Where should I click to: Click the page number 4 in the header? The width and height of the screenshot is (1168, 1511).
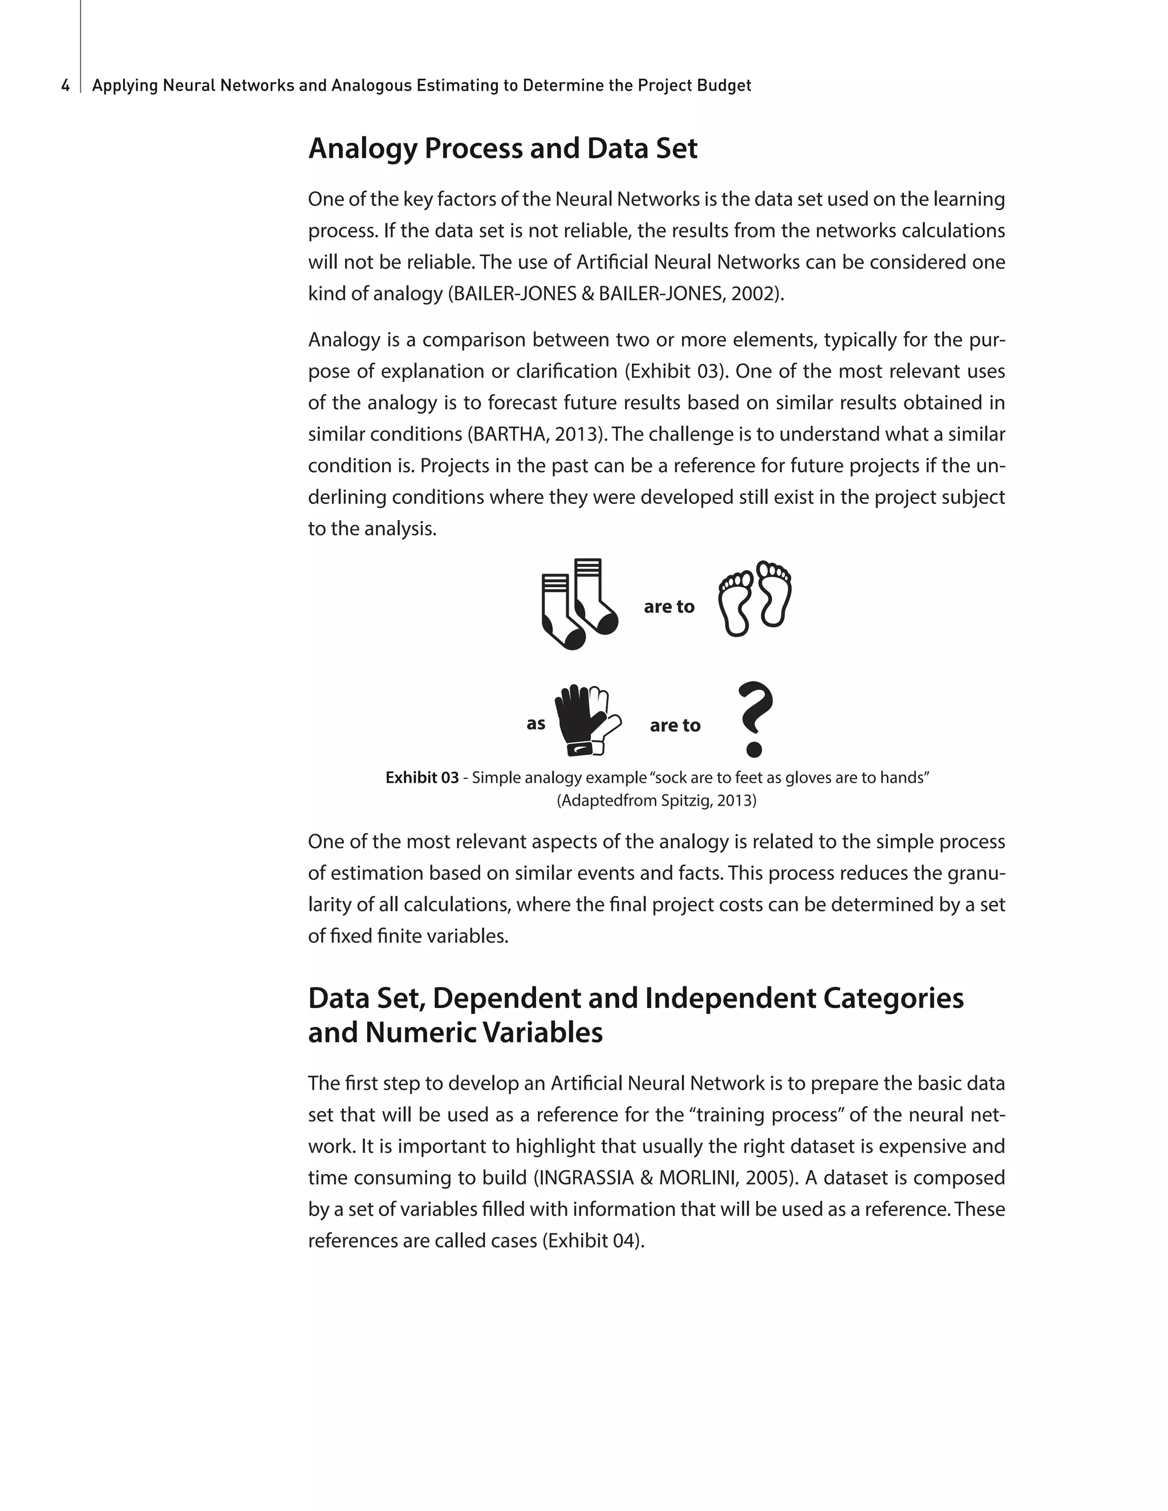pos(65,86)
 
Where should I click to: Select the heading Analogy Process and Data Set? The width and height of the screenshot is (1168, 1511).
pos(502,149)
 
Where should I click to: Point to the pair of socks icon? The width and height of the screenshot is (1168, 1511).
pos(578,603)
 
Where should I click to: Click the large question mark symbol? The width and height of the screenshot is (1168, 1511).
pos(753,719)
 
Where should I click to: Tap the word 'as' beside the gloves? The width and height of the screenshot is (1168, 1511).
pos(536,724)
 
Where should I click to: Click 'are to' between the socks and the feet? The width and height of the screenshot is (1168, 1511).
pos(668,607)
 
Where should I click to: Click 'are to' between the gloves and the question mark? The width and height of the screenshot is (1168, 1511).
pos(675,726)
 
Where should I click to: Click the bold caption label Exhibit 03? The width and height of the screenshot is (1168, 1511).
pos(421,778)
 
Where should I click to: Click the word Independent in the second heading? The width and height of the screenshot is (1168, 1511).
pos(729,998)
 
